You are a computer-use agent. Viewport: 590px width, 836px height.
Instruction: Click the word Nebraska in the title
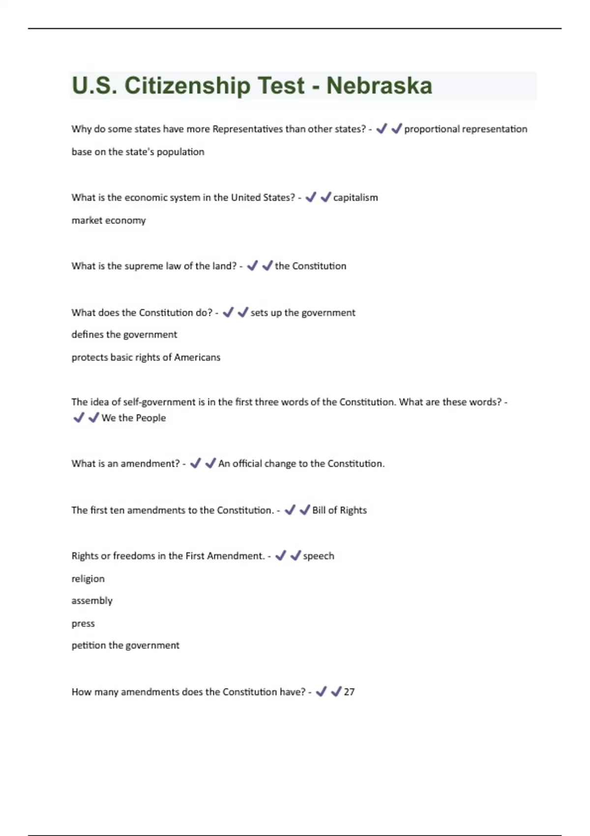tap(379, 86)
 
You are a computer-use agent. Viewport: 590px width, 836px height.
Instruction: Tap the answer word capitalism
tap(355, 198)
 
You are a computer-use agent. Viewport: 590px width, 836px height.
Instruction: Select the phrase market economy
tap(109, 220)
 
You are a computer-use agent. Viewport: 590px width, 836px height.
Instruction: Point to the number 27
tap(349, 692)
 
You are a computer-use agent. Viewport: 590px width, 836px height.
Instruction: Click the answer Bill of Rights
tap(339, 510)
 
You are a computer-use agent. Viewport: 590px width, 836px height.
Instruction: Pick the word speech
tap(319, 556)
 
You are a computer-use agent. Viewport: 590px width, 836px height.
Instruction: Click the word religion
tap(88, 579)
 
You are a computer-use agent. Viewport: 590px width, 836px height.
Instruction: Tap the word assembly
tap(92, 601)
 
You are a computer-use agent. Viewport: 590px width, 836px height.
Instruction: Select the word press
tap(83, 624)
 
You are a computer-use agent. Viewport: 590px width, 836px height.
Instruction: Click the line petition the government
tap(125, 645)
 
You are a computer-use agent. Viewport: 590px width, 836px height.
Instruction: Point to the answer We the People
tap(134, 418)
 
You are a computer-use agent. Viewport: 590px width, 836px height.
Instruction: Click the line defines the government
tap(124, 334)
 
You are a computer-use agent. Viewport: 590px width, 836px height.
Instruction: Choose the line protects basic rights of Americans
tap(146, 358)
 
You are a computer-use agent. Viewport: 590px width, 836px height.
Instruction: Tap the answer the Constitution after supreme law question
tap(310, 266)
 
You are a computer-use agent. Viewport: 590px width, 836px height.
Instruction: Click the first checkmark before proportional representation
tap(382, 129)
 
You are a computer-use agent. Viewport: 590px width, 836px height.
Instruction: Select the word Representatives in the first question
tap(247, 129)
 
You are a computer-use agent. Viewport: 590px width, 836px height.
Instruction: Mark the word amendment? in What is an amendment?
tap(150, 464)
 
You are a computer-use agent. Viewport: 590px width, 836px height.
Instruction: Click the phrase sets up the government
tap(303, 313)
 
